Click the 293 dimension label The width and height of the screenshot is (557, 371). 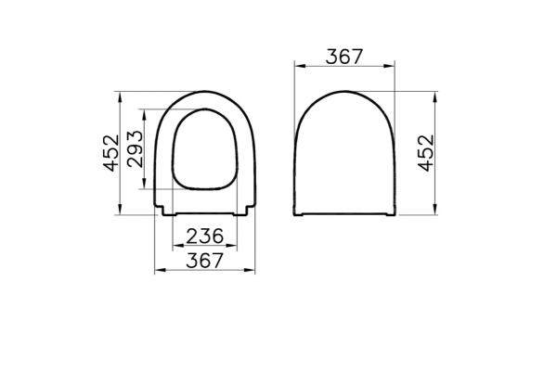tap(136, 148)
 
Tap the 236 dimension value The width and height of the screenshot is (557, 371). tap(205, 237)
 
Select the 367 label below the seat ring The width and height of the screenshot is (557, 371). tap(205, 261)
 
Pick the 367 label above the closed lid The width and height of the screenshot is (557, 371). tap(344, 57)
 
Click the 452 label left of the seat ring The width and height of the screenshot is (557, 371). tap(111, 153)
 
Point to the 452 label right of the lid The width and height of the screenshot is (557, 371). tap(426, 153)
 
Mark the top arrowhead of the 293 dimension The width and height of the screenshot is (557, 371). tap(144, 114)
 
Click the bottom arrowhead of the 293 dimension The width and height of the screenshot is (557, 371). tap(144, 184)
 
